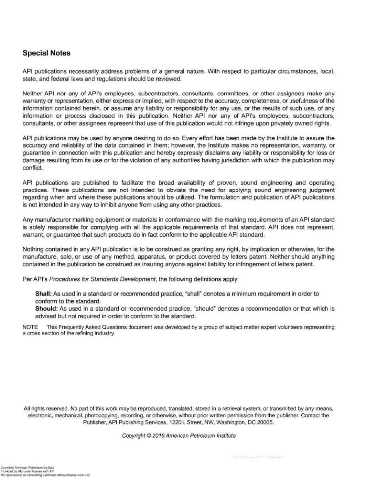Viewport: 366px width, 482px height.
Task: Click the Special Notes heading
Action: point(47,53)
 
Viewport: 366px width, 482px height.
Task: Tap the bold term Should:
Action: point(47,309)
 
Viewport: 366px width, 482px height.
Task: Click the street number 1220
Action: point(180,422)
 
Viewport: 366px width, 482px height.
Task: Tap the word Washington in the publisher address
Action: point(233,422)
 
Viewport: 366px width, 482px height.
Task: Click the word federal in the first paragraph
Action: point(59,79)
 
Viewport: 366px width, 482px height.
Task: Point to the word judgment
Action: point(319,190)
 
